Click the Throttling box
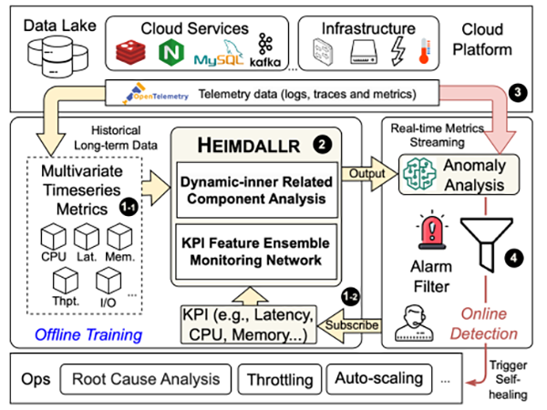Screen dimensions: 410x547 (x=275, y=378)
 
